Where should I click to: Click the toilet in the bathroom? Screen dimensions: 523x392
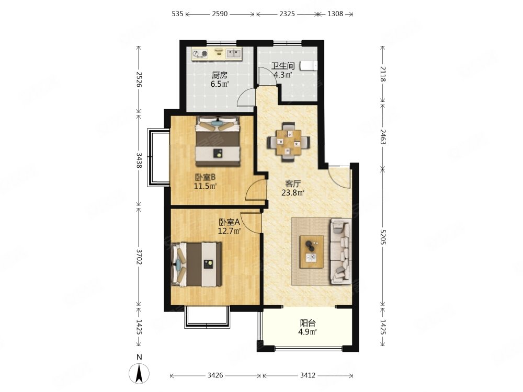pos(308,66)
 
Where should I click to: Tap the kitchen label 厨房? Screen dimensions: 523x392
pos(220,75)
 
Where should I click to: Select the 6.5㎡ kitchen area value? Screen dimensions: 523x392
pos(220,84)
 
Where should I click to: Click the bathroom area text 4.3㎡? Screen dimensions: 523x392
pos(283,75)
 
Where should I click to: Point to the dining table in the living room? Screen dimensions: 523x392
pos(289,142)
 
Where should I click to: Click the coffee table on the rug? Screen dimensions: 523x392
pos(312,252)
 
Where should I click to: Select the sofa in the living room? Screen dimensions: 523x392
pos(340,251)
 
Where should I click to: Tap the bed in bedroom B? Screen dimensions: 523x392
pos(218,141)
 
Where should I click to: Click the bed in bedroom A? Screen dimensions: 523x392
pos(196,264)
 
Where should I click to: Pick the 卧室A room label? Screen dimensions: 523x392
pos(230,222)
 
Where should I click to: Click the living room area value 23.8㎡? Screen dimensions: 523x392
pos(293,192)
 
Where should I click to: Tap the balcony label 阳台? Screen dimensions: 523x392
pos(308,323)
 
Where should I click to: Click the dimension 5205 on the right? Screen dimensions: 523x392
pos(383,237)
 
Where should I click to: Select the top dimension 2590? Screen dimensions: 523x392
pos(220,14)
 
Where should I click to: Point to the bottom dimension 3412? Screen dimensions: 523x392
pos(308,375)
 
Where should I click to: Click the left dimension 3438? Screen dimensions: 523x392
pos(139,160)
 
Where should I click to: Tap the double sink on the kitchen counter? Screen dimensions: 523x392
pos(233,53)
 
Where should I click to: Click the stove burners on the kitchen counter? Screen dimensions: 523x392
pos(200,54)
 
